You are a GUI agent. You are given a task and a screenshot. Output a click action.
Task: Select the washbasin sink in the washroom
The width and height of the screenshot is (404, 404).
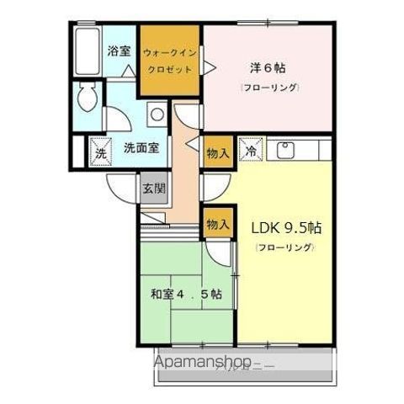[x=156, y=114]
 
